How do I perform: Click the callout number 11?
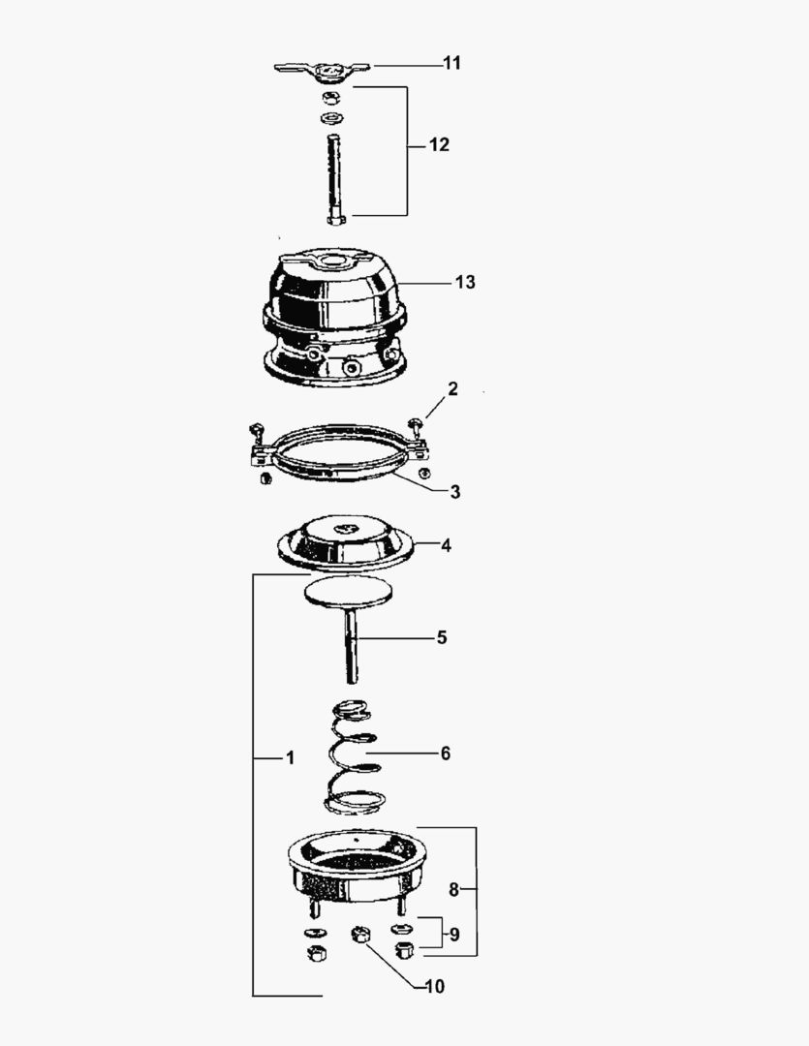click(x=451, y=63)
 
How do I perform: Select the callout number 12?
click(x=438, y=145)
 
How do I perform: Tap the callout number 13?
click(x=465, y=282)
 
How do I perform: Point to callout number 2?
click(x=451, y=388)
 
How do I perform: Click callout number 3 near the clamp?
click(x=454, y=491)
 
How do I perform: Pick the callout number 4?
click(x=446, y=545)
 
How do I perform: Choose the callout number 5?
click(x=441, y=637)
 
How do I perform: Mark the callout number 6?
click(x=445, y=753)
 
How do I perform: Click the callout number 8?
click(x=453, y=889)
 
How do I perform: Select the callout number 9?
click(x=452, y=936)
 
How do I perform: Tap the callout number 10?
click(x=434, y=987)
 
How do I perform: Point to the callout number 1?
click(x=289, y=757)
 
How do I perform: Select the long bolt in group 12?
click(x=334, y=179)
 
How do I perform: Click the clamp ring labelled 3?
click(x=334, y=470)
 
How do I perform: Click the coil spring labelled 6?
click(x=354, y=755)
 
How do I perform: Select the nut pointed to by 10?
click(x=360, y=938)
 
